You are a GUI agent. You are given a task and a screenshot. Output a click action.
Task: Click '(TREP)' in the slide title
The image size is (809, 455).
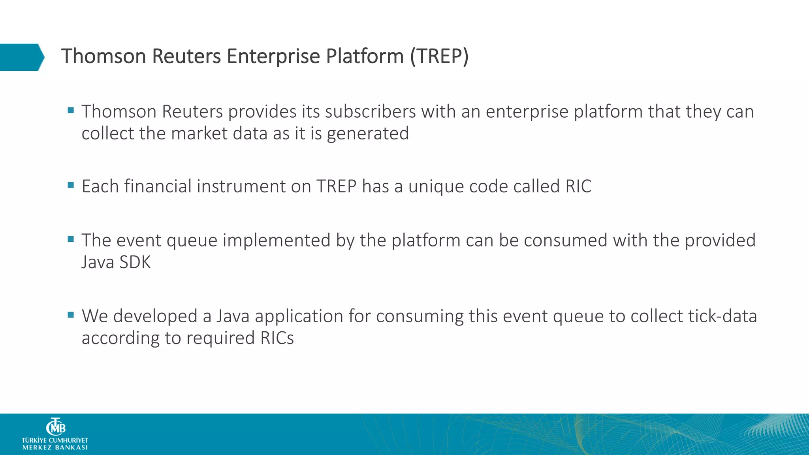coord(439,56)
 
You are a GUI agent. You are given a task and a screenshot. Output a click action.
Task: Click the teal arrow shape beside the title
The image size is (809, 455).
coord(22,57)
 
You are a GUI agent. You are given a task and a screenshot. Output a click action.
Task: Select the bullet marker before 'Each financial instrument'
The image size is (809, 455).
coord(71,185)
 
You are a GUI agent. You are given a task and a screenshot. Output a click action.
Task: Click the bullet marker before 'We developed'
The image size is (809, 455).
coord(71,315)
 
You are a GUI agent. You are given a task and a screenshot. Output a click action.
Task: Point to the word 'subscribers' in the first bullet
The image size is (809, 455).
coord(370,112)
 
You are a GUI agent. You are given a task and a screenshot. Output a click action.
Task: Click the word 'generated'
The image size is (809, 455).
coord(368,134)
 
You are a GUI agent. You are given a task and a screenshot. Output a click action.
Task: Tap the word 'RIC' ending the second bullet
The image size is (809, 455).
coord(578,186)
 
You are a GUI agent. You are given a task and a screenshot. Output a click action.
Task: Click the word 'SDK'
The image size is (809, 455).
coord(135,263)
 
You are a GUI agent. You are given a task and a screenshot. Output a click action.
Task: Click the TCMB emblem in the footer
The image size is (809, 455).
coord(55,427)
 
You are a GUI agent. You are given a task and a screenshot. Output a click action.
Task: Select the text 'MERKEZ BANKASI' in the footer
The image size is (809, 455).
coord(55,447)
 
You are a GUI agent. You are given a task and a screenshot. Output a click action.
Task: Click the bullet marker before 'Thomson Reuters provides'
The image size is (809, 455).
coord(71,110)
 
